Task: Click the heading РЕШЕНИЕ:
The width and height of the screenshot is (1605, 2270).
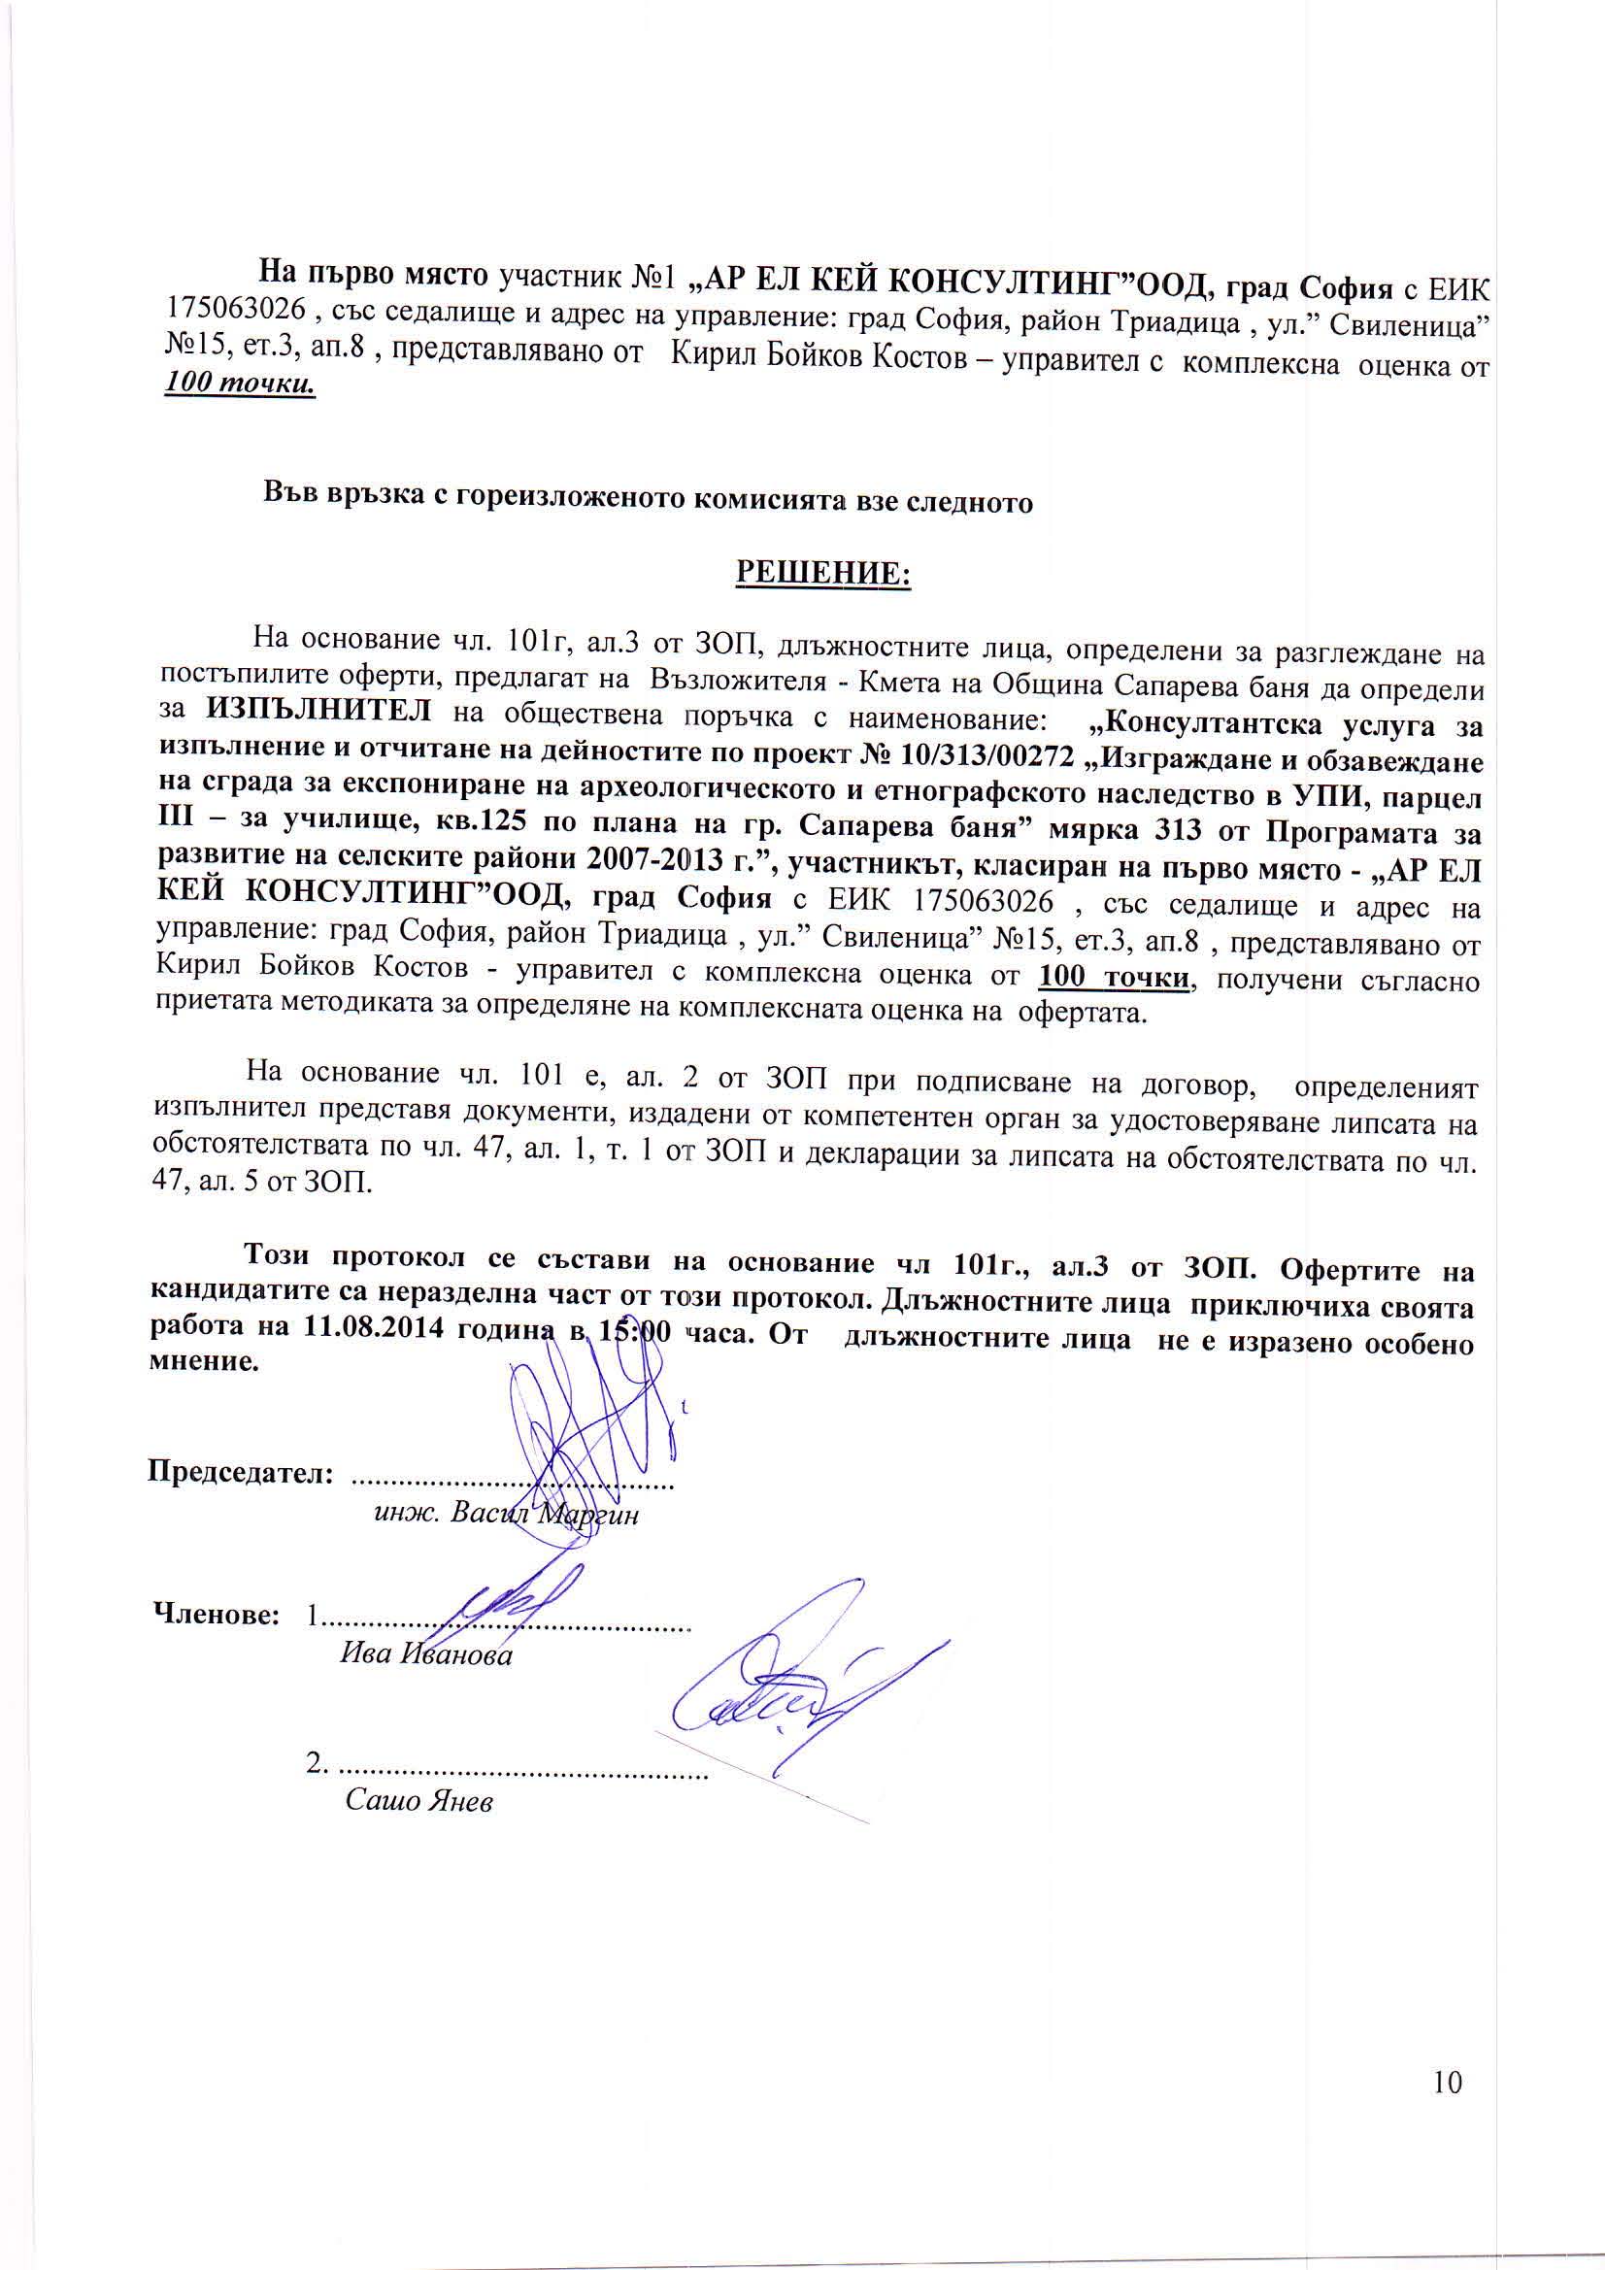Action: [822, 574]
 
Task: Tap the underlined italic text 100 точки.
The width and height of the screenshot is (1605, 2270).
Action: [240, 384]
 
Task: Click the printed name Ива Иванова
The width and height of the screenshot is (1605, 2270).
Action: [426, 1656]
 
